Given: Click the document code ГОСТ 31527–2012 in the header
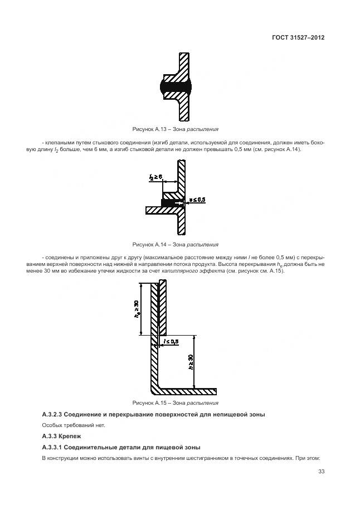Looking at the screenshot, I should (298, 37).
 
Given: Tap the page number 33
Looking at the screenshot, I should (321, 472).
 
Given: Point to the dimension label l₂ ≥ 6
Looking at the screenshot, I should (155, 177).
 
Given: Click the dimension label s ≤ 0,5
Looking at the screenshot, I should (197, 200).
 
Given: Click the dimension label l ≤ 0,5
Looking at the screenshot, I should (171, 341).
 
